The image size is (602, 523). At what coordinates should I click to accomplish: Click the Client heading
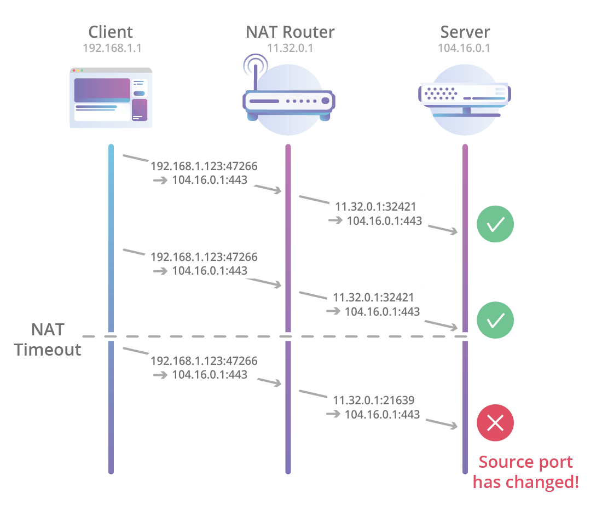[111, 32]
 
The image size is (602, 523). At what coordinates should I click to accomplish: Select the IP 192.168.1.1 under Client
[112, 48]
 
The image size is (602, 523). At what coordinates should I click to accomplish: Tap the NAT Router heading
[290, 32]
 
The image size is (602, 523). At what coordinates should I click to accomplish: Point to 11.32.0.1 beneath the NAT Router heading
[290, 48]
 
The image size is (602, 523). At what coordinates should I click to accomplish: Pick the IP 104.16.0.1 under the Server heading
[464, 48]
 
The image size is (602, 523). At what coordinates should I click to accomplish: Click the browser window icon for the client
[111, 98]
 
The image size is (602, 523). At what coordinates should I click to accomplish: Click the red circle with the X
[495, 422]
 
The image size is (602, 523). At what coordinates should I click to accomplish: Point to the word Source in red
[502, 462]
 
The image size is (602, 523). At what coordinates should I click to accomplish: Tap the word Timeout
[48, 350]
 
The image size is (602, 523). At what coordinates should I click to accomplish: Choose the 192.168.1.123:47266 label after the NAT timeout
[204, 361]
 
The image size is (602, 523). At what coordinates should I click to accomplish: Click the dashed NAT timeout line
[219, 336]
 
